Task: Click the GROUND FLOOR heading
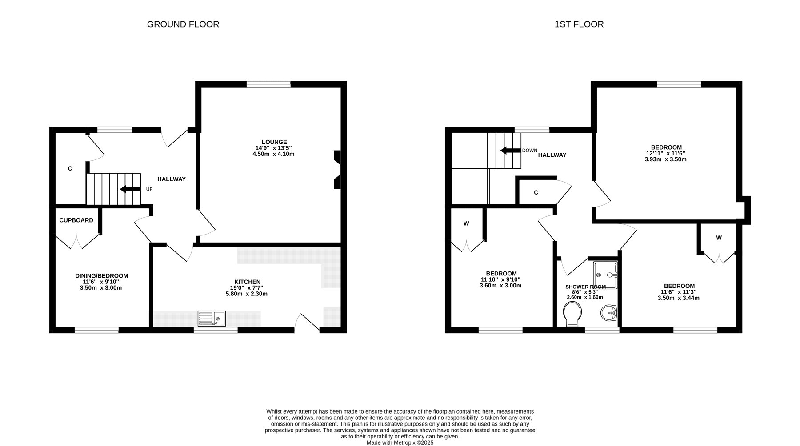tap(183, 24)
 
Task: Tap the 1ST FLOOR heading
tap(579, 24)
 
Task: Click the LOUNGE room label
tap(274, 142)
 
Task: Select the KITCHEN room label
tap(247, 282)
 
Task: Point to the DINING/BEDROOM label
tap(101, 276)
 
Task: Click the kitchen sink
tap(212, 318)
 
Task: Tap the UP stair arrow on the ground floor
tap(130, 189)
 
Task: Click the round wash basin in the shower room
tap(609, 313)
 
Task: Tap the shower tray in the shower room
tap(605, 275)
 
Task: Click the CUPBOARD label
tap(76, 220)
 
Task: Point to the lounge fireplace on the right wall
tap(337, 170)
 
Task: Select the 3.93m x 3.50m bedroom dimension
tap(665, 159)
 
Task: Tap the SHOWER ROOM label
tap(585, 287)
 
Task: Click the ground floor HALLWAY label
tap(172, 179)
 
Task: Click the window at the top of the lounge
tap(268, 84)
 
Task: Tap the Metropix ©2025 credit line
tap(400, 443)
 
